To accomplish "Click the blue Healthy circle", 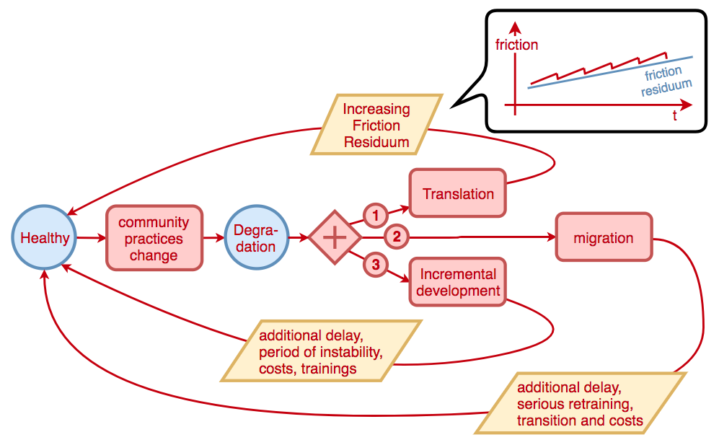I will pyautogui.click(x=45, y=238).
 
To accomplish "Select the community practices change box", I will pyautogui.click(x=154, y=238).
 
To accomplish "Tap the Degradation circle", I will pyautogui.click(x=256, y=238).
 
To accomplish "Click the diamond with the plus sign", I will pyautogui.click(x=334, y=237).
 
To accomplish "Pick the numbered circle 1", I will pyautogui.click(x=374, y=214).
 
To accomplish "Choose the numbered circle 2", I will pyautogui.click(x=395, y=236).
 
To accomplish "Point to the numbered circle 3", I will pyautogui.click(x=374, y=264).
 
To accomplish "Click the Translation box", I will pyautogui.click(x=458, y=193).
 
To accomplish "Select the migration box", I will pyautogui.click(x=604, y=237).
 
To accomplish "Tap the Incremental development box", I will pyautogui.click(x=458, y=283).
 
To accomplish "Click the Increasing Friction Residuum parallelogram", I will pyautogui.click(x=376, y=125).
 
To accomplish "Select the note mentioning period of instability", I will pyautogui.click(x=320, y=351).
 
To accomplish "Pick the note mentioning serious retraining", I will pyautogui.click(x=580, y=403).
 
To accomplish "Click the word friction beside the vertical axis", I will pyautogui.click(x=516, y=45).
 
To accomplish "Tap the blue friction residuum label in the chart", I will pyautogui.click(x=665, y=81).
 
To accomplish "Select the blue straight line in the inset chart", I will pyautogui.click(x=577, y=77).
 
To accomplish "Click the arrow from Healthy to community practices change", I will pyautogui.click(x=92, y=237).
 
